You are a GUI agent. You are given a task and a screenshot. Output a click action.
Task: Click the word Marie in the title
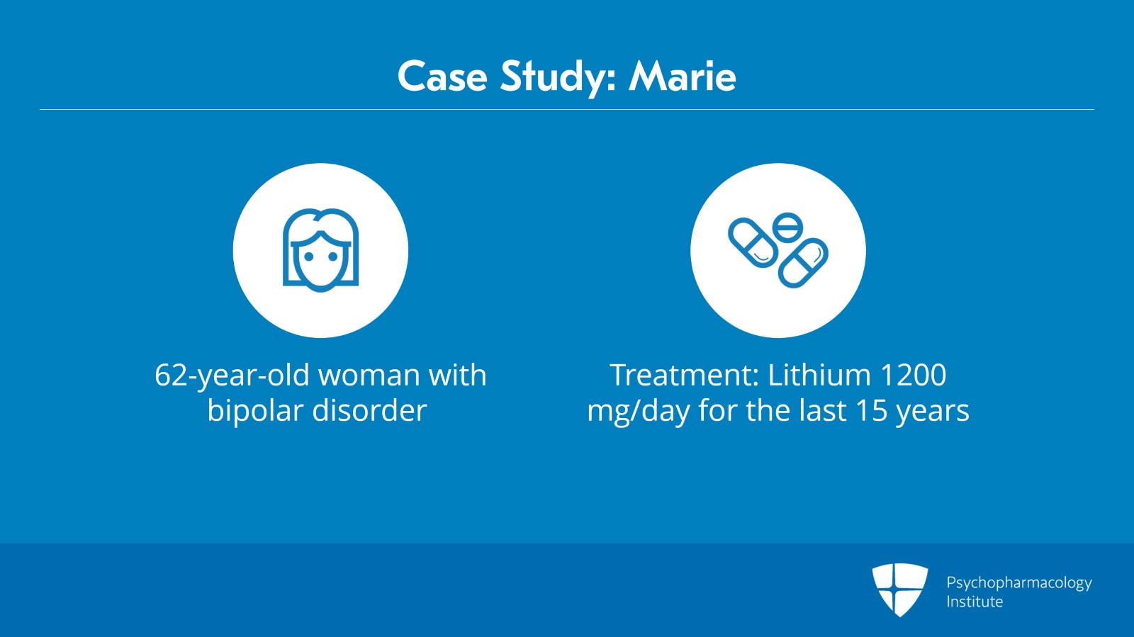coord(682,77)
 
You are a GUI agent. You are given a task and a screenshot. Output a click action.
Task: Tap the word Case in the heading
coord(442,77)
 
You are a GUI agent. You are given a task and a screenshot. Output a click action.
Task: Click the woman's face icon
coord(320,250)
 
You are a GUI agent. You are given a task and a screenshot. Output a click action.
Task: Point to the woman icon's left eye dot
coord(309,257)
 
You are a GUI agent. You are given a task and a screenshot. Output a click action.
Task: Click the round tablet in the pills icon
coord(787,227)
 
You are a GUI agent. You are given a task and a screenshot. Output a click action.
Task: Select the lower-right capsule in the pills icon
coord(803,263)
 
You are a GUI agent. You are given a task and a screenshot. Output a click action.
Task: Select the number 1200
coord(912,376)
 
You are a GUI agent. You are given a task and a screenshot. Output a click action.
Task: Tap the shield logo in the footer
coord(899,589)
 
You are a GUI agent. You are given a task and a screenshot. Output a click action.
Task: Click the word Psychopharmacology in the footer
coord(1018,583)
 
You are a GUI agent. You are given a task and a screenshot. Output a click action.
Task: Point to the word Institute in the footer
coord(975,602)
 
